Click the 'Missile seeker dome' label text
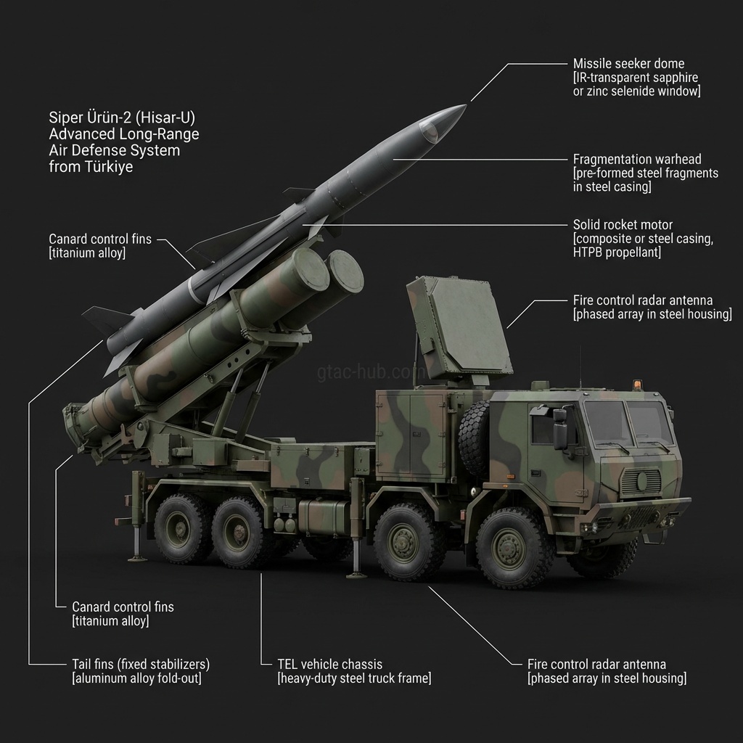click(628, 64)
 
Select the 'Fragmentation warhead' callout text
click(637, 159)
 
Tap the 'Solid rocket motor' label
click(623, 225)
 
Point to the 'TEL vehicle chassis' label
click(329, 664)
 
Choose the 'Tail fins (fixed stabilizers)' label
click(141, 664)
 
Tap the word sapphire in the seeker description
click(674, 78)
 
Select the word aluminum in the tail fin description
click(100, 678)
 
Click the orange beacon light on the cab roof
click(638, 384)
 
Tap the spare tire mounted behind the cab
click(474, 438)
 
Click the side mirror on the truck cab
click(560, 429)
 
